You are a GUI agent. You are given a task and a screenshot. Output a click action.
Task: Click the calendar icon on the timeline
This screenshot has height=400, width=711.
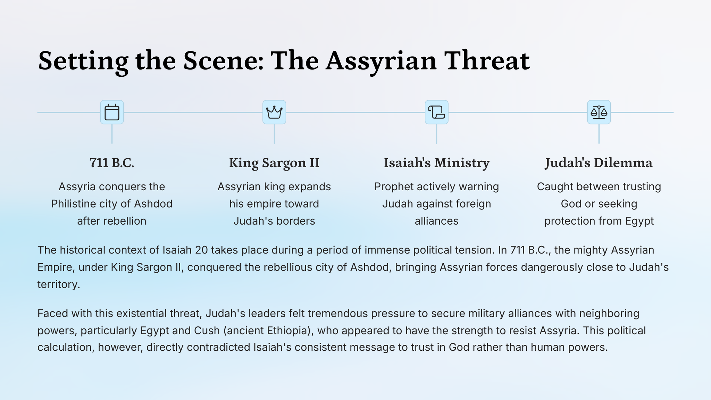(x=112, y=112)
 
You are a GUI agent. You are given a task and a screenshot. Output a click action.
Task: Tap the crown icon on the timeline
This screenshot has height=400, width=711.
(x=274, y=112)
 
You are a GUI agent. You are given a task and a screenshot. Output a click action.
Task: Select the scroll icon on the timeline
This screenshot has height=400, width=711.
(x=436, y=112)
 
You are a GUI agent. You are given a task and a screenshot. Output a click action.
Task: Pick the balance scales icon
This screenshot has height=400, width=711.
(x=599, y=112)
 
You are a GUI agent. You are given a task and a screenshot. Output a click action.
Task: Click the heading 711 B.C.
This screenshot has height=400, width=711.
(x=112, y=163)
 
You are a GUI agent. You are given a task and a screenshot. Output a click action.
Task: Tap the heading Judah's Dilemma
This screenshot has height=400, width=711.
(x=599, y=163)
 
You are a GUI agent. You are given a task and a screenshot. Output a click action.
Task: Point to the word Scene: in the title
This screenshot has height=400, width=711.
(x=223, y=61)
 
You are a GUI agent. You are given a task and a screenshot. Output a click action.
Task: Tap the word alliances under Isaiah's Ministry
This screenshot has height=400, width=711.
(x=436, y=221)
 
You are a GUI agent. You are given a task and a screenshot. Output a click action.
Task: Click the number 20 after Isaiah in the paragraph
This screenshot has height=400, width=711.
(x=201, y=250)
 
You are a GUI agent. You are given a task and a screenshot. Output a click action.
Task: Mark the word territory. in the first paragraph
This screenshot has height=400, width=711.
(x=59, y=285)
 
